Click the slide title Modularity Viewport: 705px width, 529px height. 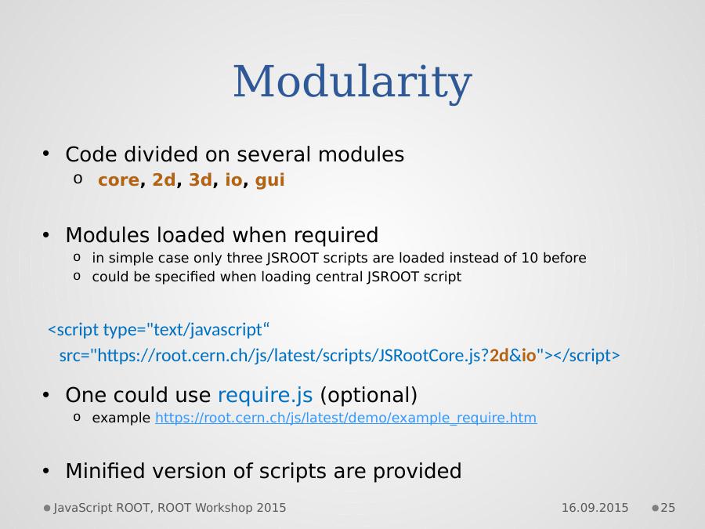point(352,82)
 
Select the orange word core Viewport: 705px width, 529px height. point(119,180)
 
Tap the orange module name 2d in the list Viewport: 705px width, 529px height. point(164,179)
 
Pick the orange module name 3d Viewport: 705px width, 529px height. point(200,179)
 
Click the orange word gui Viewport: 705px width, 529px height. point(269,181)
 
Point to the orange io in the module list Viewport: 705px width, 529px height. point(233,179)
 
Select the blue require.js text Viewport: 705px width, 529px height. point(266,395)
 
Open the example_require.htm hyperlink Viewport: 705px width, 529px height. point(345,418)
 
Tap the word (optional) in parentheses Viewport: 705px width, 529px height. point(369,396)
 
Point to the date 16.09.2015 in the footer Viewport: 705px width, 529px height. point(595,508)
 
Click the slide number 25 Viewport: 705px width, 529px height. point(667,508)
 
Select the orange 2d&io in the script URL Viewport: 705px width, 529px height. point(513,355)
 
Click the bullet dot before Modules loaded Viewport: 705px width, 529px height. point(46,235)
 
